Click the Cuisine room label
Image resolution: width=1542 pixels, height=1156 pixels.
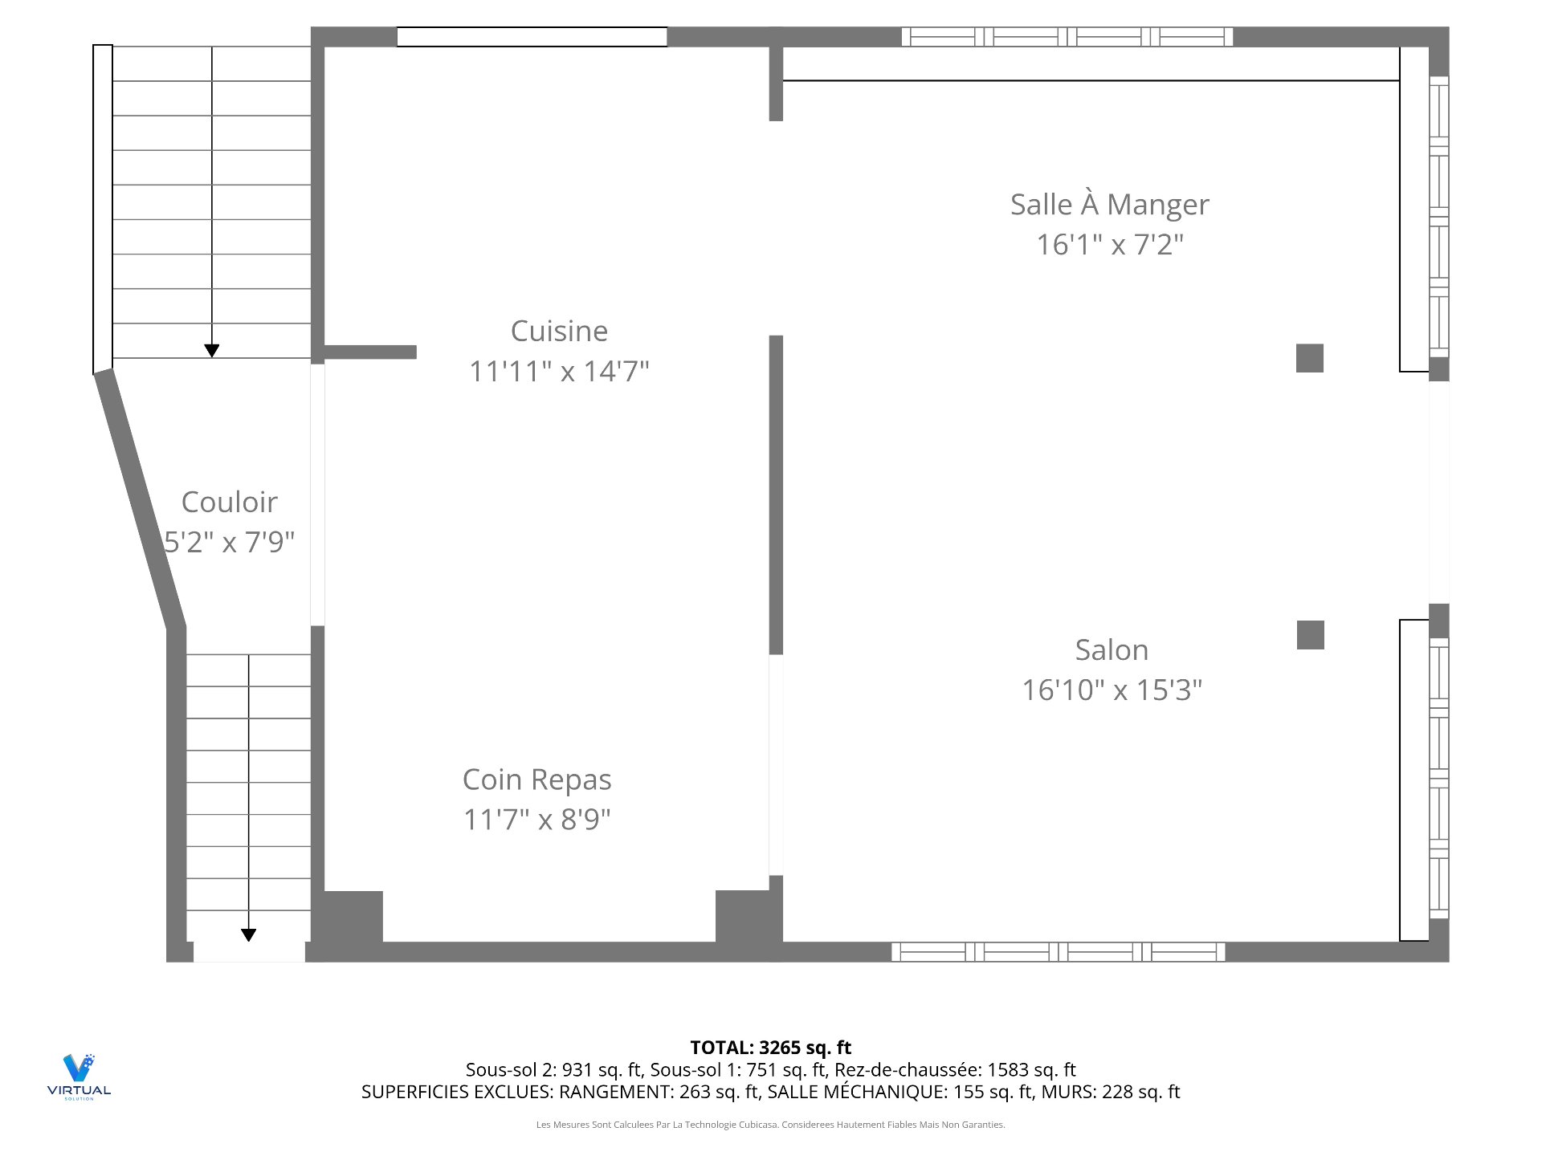pos(559,331)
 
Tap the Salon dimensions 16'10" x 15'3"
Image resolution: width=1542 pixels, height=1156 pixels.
pos(1112,690)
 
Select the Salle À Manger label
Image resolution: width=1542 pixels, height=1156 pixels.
pos(1109,205)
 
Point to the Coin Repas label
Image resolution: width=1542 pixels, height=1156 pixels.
pos(536,779)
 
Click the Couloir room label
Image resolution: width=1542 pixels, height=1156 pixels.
pos(229,503)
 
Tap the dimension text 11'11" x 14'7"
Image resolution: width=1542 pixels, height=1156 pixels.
pos(559,371)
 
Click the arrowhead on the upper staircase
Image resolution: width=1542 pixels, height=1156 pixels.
pos(211,351)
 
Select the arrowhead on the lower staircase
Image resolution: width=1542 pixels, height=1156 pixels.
pos(249,934)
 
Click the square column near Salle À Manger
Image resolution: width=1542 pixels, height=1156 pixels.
pos(1309,358)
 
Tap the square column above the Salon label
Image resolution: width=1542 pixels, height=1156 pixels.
pos(1310,635)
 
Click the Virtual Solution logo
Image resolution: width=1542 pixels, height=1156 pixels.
pos(79,1076)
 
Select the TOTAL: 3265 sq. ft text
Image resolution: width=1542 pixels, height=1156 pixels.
pos(770,1048)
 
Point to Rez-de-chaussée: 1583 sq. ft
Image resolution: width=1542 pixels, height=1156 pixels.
pos(955,1069)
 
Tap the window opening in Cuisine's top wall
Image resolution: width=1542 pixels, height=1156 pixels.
pos(532,37)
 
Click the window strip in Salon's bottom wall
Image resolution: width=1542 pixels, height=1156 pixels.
pos(1058,952)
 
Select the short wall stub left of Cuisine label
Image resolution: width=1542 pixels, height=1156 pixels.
pos(370,352)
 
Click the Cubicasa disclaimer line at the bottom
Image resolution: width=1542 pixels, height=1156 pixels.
pos(770,1125)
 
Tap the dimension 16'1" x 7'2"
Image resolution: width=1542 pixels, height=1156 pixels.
pos(1109,245)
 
